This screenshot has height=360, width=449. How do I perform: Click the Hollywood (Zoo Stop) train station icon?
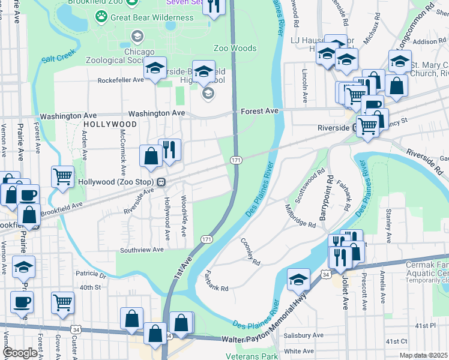pos(161,182)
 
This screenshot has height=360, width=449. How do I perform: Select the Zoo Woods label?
pos(235,48)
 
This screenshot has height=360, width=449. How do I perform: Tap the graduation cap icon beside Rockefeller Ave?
pos(155,70)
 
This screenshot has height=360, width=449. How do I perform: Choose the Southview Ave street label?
pos(142,250)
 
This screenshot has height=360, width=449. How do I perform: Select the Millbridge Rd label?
pos(300,215)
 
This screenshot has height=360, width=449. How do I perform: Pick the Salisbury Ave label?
pos(303,335)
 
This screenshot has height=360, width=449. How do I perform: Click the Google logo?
pos(20,353)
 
